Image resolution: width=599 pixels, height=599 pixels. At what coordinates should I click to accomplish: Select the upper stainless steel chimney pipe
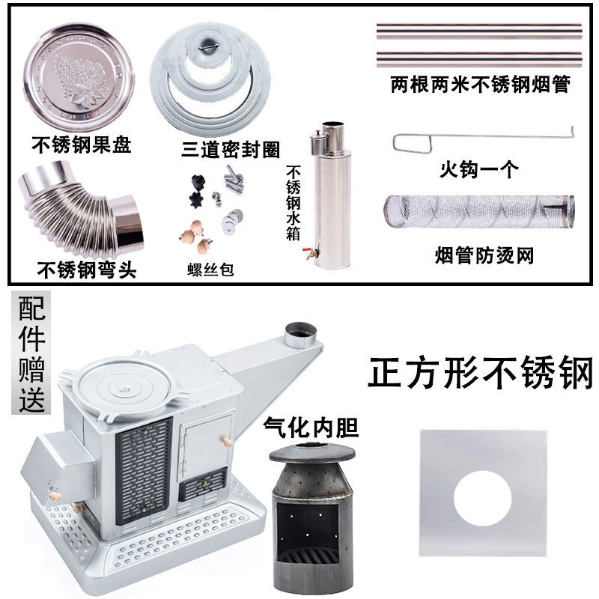coord(479,31)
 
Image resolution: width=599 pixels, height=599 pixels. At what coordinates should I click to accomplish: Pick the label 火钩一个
coord(479,169)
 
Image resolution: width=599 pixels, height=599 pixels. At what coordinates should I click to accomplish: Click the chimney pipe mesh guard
coord(479,211)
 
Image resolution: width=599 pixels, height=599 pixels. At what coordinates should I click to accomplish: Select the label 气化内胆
coord(311,428)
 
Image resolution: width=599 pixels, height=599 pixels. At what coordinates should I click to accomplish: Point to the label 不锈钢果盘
coord(82,144)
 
